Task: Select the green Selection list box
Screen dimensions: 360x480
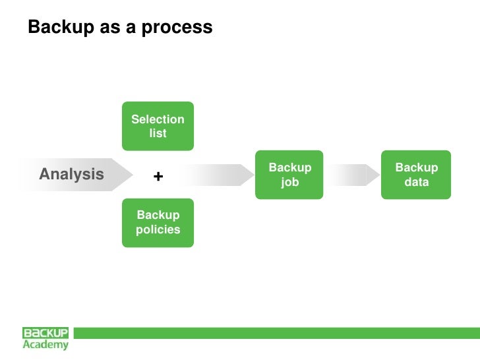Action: point(158,126)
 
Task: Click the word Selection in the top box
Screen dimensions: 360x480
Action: point(158,119)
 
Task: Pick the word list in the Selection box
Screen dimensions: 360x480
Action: point(158,133)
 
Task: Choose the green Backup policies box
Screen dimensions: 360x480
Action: point(158,223)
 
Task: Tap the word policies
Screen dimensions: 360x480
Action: point(158,230)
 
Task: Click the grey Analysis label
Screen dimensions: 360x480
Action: point(71,174)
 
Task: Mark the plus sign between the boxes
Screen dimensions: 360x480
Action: point(158,177)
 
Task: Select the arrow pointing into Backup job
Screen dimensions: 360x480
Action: point(218,175)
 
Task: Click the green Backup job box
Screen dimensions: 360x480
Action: point(289,175)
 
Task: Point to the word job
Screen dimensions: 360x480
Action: point(289,182)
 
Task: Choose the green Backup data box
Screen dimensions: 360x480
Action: point(416,175)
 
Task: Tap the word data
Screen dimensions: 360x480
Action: point(416,182)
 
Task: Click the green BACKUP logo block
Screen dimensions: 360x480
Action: point(45,333)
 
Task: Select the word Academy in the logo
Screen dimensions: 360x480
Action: point(45,344)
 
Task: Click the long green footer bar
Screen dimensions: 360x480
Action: point(277,333)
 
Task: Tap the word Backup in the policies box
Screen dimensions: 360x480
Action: point(158,216)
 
